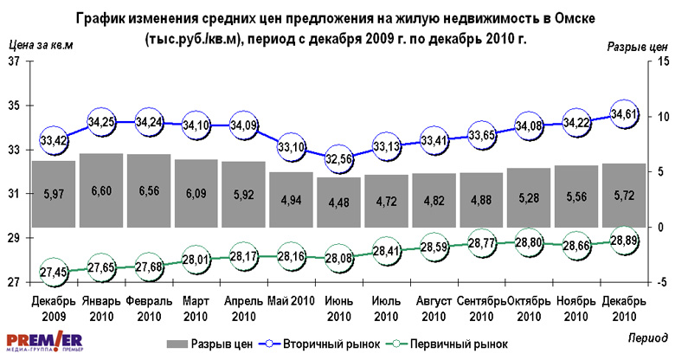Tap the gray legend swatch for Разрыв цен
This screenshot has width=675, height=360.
pyautogui.click(x=177, y=344)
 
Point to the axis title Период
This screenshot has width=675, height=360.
pyautogui.click(x=648, y=333)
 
